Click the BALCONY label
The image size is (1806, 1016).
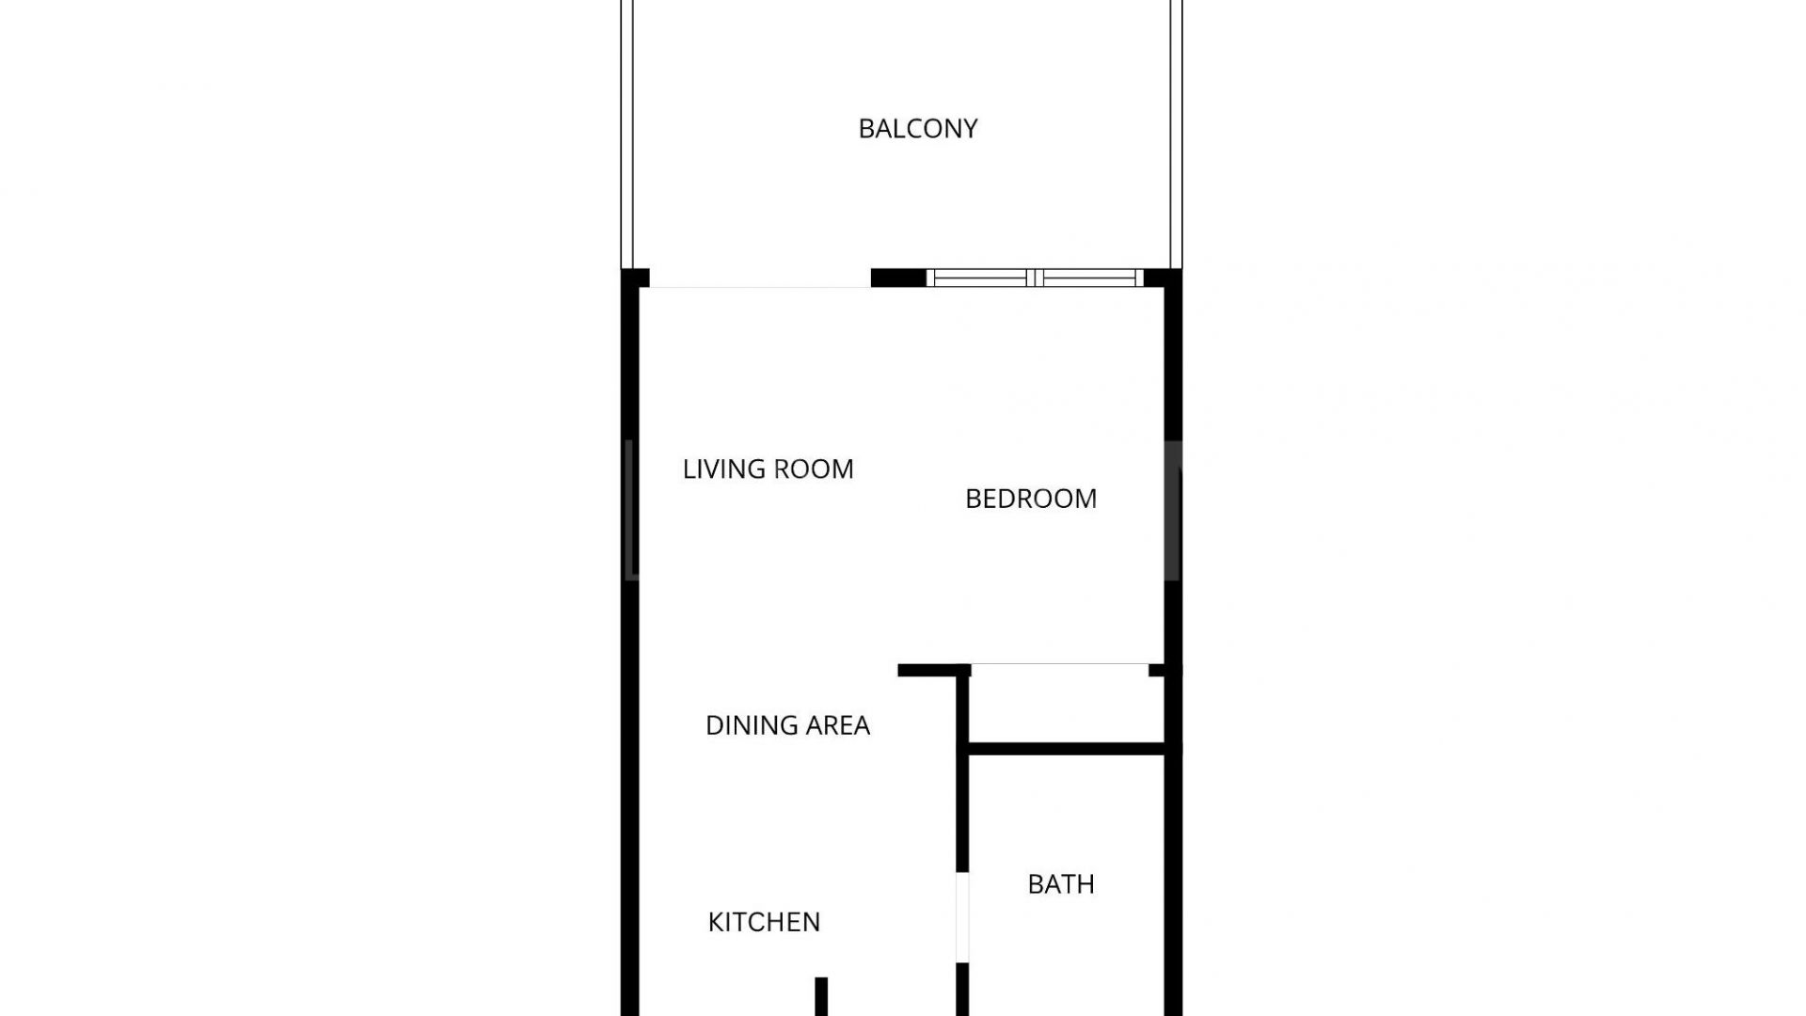(x=917, y=128)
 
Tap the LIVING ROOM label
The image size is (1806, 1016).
(x=768, y=468)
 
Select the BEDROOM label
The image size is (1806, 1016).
(x=1031, y=498)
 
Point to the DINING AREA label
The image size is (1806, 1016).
(x=787, y=724)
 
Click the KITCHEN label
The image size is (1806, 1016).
(x=764, y=922)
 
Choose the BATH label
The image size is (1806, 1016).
(x=1061, y=884)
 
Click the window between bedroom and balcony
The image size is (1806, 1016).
(x=1035, y=278)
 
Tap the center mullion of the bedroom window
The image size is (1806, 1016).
(x=1036, y=278)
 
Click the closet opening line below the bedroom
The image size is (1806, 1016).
(x=1060, y=664)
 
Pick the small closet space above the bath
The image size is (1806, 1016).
(x=1066, y=705)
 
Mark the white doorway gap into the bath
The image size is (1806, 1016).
(x=962, y=917)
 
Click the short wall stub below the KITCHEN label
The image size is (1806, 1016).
(x=821, y=996)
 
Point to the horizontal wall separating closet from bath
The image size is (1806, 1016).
(x=1068, y=749)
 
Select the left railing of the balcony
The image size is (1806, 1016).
(x=627, y=135)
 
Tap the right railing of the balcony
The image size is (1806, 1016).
(x=1176, y=135)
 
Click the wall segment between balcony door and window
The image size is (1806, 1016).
(x=898, y=278)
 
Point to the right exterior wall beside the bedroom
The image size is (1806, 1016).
(x=1173, y=470)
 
